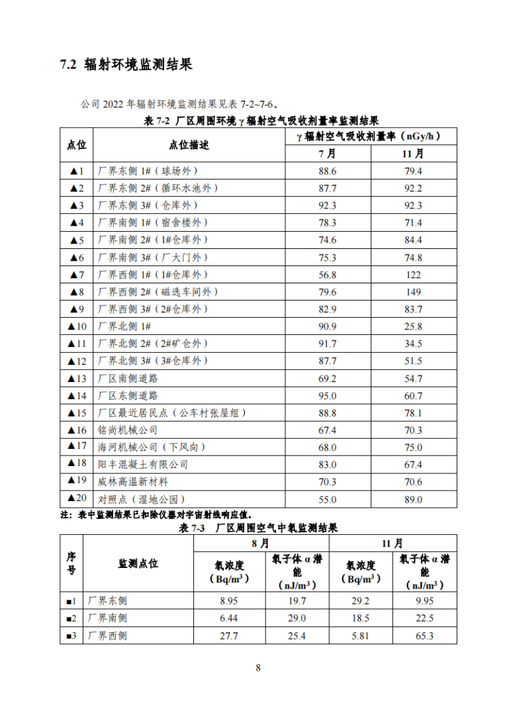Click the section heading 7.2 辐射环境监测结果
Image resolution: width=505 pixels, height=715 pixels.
pyautogui.click(x=126, y=66)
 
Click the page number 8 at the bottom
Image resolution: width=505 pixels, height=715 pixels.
pyautogui.click(x=258, y=667)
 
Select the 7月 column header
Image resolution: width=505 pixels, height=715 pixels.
pyautogui.click(x=328, y=154)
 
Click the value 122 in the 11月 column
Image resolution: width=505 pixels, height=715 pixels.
pyautogui.click(x=413, y=275)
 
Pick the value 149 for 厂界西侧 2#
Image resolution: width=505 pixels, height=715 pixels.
pyautogui.click(x=413, y=292)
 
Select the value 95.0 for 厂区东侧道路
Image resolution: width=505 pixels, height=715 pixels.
pyautogui.click(x=328, y=395)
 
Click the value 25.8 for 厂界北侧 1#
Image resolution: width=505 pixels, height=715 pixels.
pyautogui.click(x=413, y=326)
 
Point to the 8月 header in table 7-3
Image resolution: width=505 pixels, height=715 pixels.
pyautogui.click(x=260, y=543)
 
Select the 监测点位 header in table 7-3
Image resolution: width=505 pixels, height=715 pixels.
pyautogui.click(x=138, y=563)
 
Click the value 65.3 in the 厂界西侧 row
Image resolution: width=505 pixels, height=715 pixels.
pyautogui.click(x=424, y=636)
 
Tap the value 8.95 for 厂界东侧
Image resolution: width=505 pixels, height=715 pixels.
pyautogui.click(x=228, y=601)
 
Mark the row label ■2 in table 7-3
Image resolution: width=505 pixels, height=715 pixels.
pyautogui.click(x=71, y=618)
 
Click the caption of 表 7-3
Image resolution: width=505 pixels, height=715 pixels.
pyautogui.click(x=258, y=528)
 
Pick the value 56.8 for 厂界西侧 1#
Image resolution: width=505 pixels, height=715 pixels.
pyautogui.click(x=328, y=275)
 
